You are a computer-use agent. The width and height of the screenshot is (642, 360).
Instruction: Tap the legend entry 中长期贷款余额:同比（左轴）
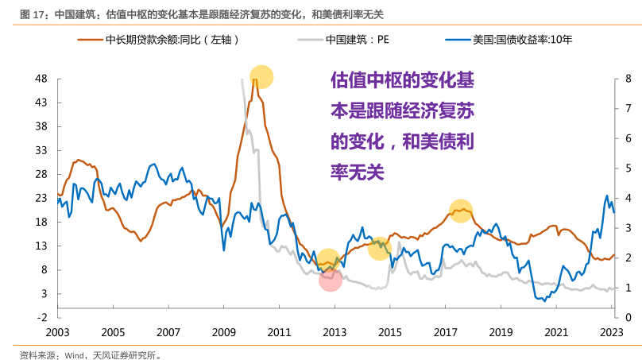[x=172, y=39]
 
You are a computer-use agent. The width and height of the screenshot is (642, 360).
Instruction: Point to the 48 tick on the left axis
[x=41, y=79]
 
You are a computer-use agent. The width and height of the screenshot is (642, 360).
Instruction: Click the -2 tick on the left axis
[x=43, y=317]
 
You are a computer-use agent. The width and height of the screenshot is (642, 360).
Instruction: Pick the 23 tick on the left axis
[x=41, y=198]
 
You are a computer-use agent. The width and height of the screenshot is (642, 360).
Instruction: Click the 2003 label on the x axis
[x=57, y=332]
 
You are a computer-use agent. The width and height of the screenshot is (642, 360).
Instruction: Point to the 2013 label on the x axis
[x=335, y=332]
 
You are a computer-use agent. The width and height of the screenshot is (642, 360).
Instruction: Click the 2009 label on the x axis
[x=224, y=332]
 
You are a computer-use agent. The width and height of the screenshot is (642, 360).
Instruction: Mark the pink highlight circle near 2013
[x=331, y=279]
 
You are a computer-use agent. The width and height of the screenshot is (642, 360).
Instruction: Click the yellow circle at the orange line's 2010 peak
[x=261, y=77]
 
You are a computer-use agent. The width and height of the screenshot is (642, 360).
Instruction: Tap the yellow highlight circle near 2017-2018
[x=461, y=211]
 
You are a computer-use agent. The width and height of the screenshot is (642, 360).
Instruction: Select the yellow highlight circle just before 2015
[x=380, y=247]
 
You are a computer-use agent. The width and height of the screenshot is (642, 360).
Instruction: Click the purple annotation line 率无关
[x=357, y=172]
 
